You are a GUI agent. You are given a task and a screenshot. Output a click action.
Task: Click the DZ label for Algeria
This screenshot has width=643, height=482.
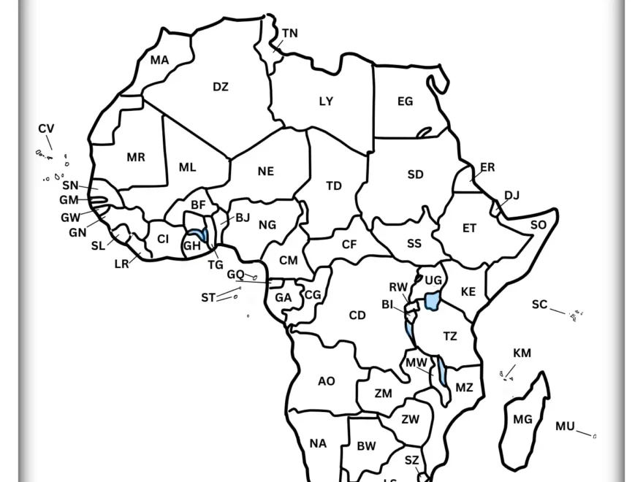(221, 87)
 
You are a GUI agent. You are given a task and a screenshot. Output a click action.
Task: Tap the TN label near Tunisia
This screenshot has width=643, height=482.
(290, 34)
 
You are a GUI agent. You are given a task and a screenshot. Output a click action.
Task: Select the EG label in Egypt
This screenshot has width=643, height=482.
(405, 102)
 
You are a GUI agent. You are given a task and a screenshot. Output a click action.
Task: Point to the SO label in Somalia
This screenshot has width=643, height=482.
(538, 225)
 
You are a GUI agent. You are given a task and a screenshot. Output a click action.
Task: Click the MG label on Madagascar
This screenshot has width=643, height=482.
(522, 419)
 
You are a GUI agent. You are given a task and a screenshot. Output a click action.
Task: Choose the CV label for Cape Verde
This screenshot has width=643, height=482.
(46, 129)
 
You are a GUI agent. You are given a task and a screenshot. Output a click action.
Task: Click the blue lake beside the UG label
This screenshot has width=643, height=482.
(433, 300)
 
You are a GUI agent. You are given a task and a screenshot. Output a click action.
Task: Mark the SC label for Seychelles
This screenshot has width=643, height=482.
(539, 305)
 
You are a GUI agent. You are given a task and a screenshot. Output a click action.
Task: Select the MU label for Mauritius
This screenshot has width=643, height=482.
(565, 426)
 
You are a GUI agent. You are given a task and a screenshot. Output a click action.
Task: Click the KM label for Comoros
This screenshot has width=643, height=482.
(522, 353)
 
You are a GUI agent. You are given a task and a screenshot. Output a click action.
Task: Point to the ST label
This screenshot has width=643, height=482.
(208, 298)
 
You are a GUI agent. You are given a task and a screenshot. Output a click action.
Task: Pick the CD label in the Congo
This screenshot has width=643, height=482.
(357, 315)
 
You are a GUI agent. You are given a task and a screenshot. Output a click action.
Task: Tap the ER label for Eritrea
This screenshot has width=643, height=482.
(487, 167)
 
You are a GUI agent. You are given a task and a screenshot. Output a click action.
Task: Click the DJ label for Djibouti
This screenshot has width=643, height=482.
(511, 195)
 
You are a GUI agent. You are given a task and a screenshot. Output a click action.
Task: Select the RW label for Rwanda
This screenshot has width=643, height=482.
(397, 287)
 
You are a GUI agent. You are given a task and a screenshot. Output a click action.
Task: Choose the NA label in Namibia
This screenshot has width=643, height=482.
(318, 443)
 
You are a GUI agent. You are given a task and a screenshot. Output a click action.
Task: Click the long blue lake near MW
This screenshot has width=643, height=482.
(444, 372)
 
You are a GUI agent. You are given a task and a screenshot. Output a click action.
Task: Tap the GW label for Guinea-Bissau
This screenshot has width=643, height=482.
(70, 218)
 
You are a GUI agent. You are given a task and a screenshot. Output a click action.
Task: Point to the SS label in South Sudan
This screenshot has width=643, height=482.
(414, 244)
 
